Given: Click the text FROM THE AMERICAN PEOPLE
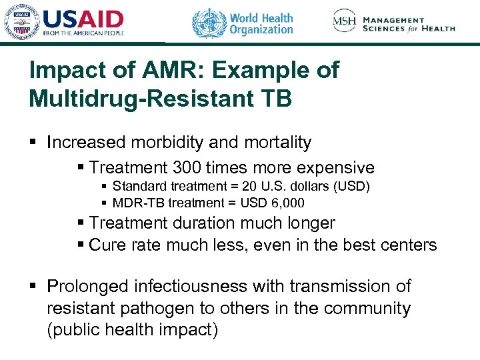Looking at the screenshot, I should coord(83,33).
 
